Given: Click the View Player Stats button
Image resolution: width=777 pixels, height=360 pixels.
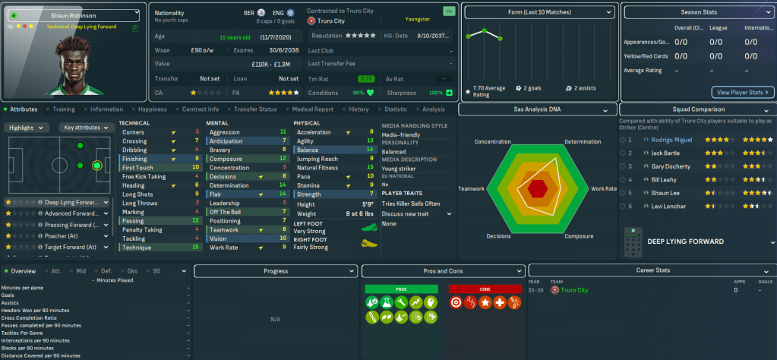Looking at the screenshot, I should [x=743, y=93].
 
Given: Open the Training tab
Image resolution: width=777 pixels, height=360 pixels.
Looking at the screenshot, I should [x=63, y=109].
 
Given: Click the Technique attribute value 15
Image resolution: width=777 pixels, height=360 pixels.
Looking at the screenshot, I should [x=197, y=248].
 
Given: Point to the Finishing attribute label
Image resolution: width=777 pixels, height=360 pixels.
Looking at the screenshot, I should [x=134, y=159].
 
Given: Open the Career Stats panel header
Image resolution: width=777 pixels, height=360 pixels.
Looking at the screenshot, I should [x=652, y=270].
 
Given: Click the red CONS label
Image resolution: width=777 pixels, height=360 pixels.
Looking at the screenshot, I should [x=475, y=289].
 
